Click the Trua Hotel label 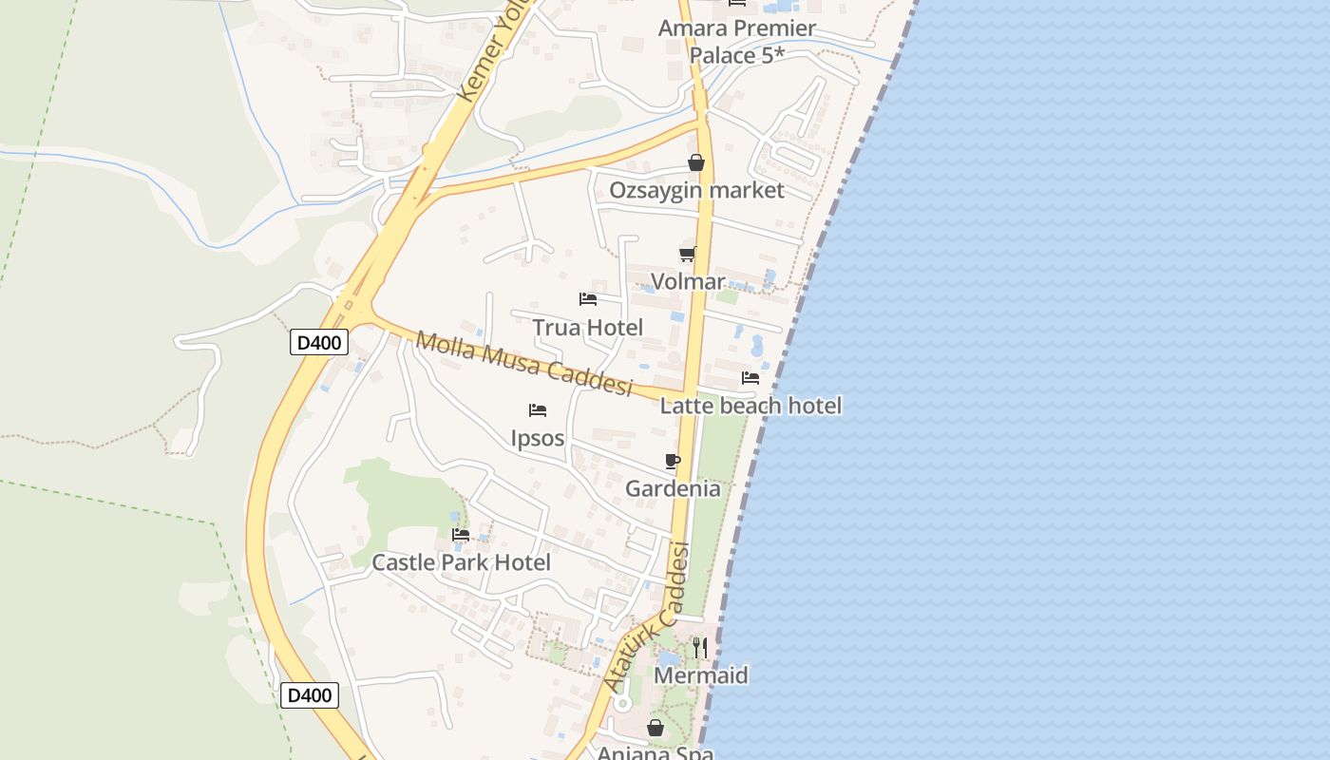pos(587,328)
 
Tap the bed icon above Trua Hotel pos(588,299)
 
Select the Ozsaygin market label pos(696,190)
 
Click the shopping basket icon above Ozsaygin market pos(696,162)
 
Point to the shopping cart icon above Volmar pos(687,254)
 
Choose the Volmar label pos(688,281)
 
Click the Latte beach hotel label pos(750,406)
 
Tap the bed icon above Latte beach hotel pos(750,378)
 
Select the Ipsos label pos(538,438)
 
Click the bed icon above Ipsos pos(538,410)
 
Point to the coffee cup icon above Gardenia pos(673,462)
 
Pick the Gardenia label pos(673,488)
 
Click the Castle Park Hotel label pos(461,562)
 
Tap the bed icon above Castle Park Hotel pos(461,535)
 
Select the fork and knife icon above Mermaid pos(700,648)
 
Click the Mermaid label pos(701,675)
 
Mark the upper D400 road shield pos(319,342)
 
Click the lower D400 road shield pos(310,695)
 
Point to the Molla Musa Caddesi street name pos(524,364)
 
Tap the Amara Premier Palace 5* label pos(737,42)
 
